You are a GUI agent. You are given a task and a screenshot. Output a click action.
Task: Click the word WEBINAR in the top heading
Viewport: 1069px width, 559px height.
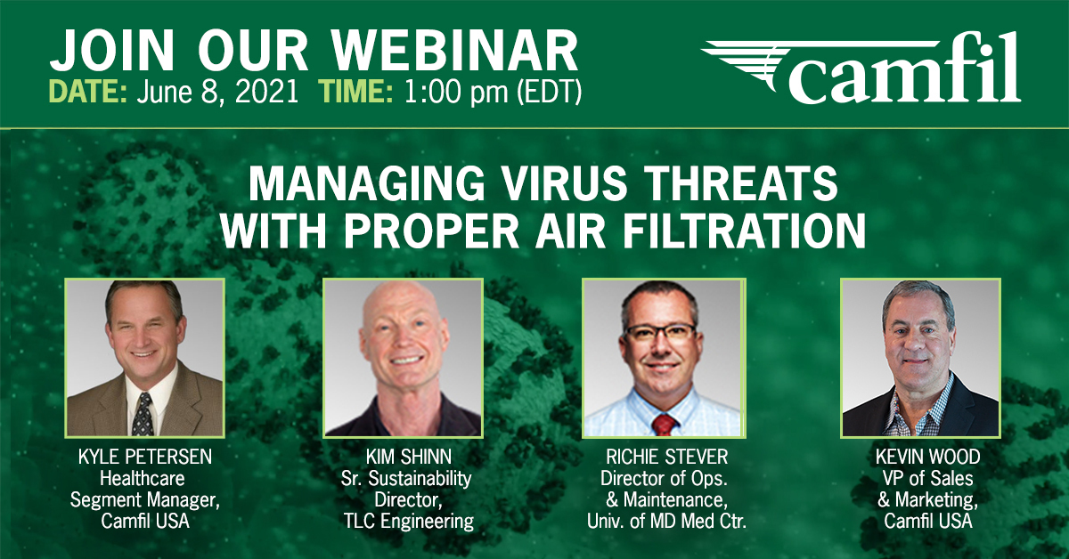(455, 51)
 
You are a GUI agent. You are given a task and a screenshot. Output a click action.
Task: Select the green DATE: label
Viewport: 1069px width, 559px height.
(88, 91)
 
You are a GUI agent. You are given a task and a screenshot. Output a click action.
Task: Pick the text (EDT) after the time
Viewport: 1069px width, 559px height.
(550, 92)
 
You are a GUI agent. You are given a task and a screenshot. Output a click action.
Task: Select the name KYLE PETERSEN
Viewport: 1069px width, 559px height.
(145, 457)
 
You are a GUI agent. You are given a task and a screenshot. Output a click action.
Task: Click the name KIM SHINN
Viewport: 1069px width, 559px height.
(409, 457)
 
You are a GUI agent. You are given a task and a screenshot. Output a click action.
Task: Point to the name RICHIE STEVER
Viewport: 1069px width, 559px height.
(667, 457)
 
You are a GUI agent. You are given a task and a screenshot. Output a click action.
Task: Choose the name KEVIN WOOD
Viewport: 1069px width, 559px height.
(927, 457)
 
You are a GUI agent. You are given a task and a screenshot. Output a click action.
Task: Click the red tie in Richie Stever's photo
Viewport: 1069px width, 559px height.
(664, 425)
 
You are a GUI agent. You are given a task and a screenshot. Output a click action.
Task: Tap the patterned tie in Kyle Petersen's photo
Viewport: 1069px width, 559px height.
(143, 414)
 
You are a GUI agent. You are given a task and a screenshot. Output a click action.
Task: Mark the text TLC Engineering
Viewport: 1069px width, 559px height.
(409, 522)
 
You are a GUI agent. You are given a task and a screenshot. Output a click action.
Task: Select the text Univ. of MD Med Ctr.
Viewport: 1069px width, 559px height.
(666, 522)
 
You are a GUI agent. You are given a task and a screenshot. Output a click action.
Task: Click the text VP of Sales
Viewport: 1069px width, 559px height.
(927, 478)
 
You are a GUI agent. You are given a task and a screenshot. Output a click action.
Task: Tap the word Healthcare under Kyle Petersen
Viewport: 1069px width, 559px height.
(143, 478)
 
